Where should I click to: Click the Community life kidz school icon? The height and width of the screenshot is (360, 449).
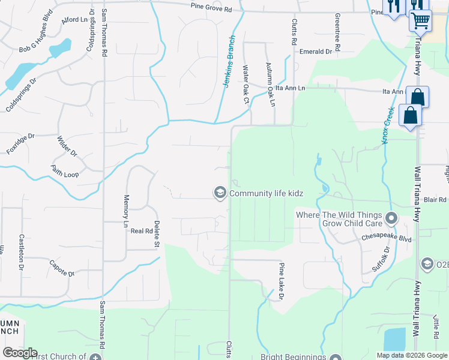220,193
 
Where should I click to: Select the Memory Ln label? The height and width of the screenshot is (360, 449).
126,211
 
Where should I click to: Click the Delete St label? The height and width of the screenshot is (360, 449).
156,234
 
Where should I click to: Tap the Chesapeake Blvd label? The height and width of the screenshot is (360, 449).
386,238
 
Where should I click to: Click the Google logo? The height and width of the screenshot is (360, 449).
20,353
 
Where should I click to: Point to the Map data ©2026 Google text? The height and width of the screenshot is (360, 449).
411,355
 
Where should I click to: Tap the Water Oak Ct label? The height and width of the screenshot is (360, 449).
246,84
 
